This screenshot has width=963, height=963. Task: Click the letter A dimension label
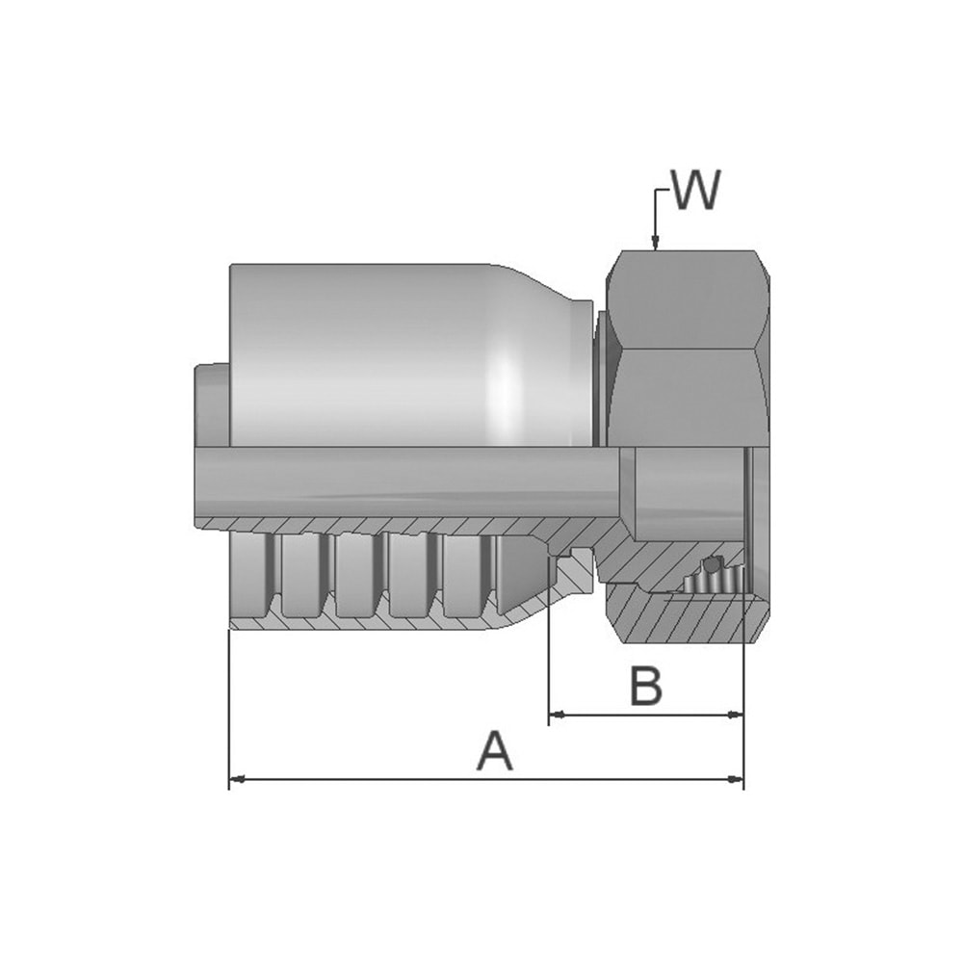(x=494, y=750)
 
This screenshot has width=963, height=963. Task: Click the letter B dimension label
(x=646, y=686)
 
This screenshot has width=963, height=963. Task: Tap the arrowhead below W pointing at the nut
(x=655, y=244)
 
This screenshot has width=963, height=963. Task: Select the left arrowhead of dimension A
(x=237, y=779)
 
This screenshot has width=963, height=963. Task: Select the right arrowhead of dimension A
(x=735, y=779)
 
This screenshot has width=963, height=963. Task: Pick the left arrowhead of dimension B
(x=557, y=715)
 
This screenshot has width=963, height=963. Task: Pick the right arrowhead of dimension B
(x=735, y=715)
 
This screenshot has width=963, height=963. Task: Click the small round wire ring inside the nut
(x=713, y=563)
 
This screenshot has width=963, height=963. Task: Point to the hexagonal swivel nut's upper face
(x=688, y=300)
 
